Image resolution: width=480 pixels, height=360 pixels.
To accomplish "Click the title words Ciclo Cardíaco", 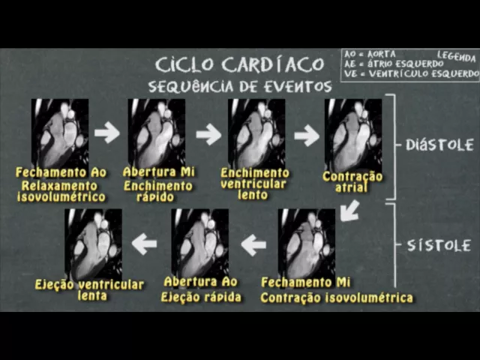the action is pyautogui.click(x=239, y=63).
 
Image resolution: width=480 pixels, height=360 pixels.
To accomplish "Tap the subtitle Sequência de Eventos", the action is pyautogui.click(x=239, y=86).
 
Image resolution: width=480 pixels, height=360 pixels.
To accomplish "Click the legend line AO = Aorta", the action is pyautogui.click(x=369, y=55).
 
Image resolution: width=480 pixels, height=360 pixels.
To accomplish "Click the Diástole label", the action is pyautogui.click(x=439, y=145).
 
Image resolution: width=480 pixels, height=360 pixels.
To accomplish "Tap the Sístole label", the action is pyautogui.click(x=439, y=245).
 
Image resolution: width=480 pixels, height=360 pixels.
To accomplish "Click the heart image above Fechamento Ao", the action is pyautogui.click(x=60, y=133).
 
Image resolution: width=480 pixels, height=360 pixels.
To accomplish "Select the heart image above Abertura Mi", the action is pyautogui.click(x=156, y=133).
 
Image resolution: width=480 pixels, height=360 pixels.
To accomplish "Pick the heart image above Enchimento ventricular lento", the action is pyautogui.click(x=256, y=133).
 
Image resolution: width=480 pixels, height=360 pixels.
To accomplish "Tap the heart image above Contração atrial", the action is pyautogui.click(x=352, y=133).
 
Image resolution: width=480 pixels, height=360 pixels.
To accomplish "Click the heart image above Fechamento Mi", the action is pyautogui.click(x=306, y=243).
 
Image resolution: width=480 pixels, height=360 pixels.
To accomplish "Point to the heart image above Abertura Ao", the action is pyautogui.click(x=199, y=243).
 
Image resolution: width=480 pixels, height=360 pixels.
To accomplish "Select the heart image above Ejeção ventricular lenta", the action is pyautogui.click(x=93, y=243).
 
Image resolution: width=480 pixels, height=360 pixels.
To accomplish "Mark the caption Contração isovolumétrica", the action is pyautogui.click(x=337, y=298).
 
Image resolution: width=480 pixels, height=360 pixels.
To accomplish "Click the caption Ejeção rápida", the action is pyautogui.click(x=201, y=297).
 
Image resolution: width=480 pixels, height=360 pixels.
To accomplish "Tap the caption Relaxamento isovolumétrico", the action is pyautogui.click(x=61, y=191).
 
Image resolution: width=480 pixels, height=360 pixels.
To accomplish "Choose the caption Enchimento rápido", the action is pyautogui.click(x=158, y=191).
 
